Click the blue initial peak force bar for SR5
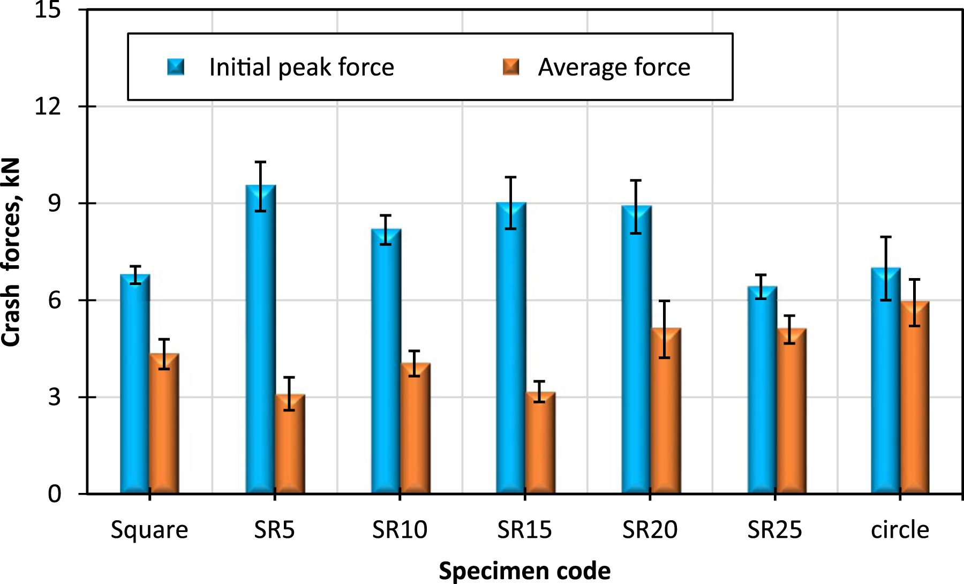point(260,339)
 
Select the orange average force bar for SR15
point(540,443)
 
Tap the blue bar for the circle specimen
point(886,380)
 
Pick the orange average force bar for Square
point(164,423)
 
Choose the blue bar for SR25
point(762,390)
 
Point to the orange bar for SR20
point(665,411)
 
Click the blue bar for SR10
point(386,361)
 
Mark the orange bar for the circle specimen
point(915,398)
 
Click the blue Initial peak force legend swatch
point(176,67)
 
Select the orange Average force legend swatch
point(511,67)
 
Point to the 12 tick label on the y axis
point(48,107)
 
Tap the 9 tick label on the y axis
point(55,204)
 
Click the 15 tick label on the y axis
point(48,10)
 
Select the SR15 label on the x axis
point(524,530)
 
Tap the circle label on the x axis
point(900,530)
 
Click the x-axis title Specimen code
point(524,571)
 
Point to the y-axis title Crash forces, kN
point(11,252)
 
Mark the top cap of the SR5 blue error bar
point(260,162)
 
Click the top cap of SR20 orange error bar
point(665,301)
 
